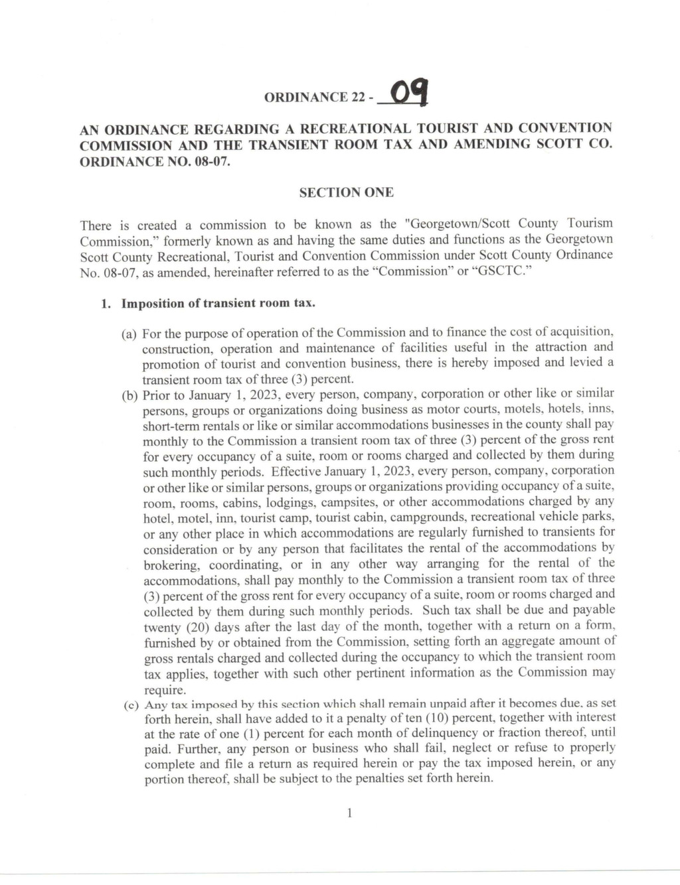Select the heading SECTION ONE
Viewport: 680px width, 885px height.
[346, 192]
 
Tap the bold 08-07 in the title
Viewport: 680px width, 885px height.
[211, 162]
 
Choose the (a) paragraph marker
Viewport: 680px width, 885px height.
[129, 333]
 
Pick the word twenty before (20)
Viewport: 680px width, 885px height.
[162, 627]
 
